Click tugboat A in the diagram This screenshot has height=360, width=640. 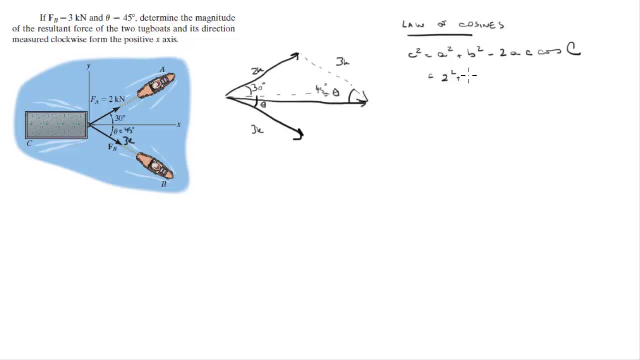point(156,86)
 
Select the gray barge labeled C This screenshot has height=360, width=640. point(56,125)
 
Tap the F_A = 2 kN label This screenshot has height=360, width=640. point(107,99)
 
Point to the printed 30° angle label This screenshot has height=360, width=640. point(120,118)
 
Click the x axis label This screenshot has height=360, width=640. point(179,124)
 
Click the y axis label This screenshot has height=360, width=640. point(88,66)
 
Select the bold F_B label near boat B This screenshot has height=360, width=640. point(112,147)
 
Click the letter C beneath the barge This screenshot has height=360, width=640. point(29,144)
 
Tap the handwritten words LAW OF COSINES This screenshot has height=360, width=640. point(453,25)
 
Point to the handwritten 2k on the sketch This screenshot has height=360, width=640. point(257,71)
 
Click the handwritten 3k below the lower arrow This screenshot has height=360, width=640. point(257,130)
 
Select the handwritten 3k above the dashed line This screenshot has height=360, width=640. point(342,62)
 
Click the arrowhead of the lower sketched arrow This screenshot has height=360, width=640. point(298,135)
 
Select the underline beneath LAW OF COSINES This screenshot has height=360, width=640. point(439,35)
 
